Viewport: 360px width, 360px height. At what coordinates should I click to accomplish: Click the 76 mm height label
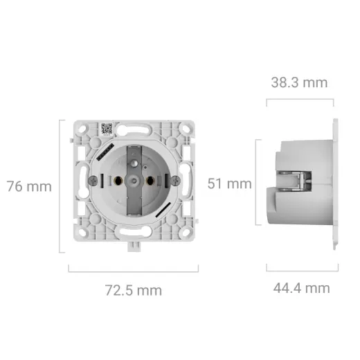coord(29,186)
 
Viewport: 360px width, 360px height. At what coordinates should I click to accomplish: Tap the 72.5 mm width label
coord(134,290)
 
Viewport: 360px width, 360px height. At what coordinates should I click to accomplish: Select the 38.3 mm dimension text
coord(299,82)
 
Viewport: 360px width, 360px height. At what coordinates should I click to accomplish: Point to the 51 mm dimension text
coord(229,183)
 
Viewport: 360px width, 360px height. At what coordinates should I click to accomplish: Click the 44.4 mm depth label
coord(302,288)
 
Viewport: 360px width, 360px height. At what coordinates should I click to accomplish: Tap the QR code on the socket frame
coord(107,129)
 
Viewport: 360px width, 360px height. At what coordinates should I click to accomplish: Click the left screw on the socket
coord(93,180)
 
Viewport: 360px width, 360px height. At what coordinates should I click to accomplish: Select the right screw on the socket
coord(176,180)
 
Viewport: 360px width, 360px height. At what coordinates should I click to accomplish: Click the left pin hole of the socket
coord(118,180)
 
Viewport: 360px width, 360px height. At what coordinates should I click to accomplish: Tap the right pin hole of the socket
coord(150,180)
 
